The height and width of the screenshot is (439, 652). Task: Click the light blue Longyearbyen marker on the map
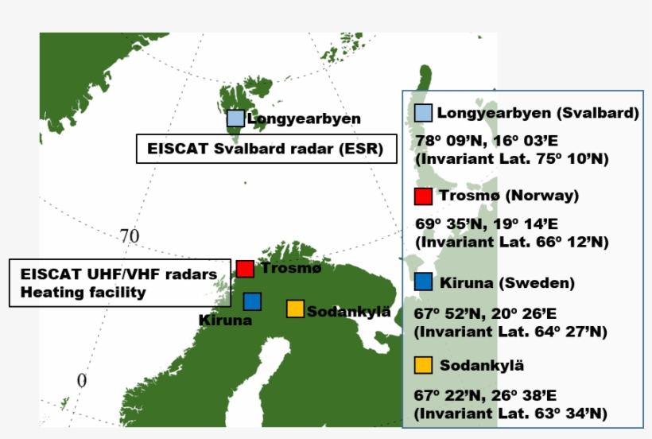235,118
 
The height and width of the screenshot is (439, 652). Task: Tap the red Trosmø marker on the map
245,269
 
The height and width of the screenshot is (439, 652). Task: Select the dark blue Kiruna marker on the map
252,301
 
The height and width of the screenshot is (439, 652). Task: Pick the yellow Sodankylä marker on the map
295,309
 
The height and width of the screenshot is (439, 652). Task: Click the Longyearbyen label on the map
304,119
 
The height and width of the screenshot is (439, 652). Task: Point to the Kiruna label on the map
226,321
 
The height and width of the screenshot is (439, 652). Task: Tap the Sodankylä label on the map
348,311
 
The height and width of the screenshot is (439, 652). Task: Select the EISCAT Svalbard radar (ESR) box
266,148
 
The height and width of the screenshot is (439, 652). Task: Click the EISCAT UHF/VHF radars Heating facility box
118,282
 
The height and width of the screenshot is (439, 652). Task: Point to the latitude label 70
130,236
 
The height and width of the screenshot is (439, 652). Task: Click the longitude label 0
81,381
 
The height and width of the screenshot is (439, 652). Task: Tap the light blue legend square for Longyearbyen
424,113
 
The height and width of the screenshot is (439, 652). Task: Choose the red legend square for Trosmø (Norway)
423,196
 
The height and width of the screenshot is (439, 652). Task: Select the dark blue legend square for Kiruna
423,282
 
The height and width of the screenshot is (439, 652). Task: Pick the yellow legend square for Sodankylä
423,365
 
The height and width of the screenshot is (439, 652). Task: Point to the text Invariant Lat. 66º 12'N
511,242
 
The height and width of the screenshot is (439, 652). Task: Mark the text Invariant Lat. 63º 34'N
511,414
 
